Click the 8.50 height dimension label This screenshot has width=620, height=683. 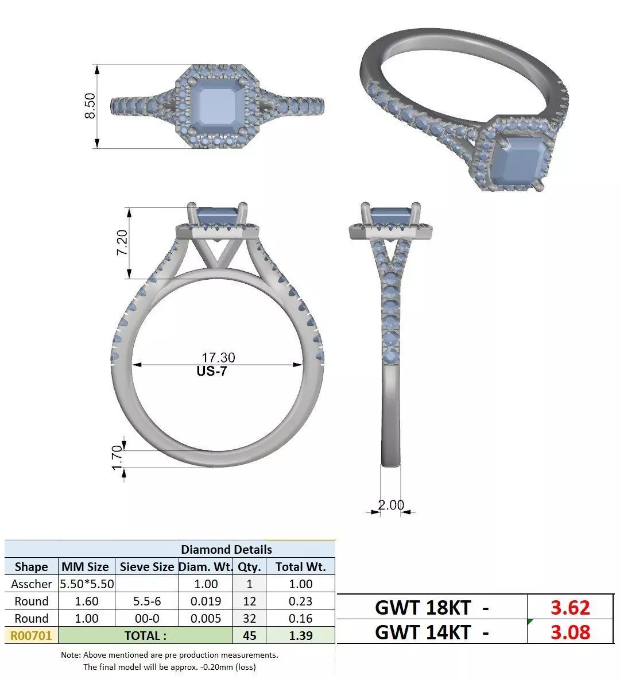coord(90,106)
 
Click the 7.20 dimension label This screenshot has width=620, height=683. coord(122,243)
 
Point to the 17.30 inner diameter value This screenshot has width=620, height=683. coord(218,358)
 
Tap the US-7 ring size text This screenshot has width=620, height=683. coord(212,371)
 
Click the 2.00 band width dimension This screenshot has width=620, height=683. coord(391,505)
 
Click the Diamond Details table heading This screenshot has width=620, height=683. coord(226,549)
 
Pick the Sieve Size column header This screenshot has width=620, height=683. coord(146,566)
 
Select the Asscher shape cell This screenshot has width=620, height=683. coord(32,584)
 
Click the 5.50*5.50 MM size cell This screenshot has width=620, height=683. coord(87,584)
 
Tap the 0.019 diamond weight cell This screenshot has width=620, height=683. coord(206,601)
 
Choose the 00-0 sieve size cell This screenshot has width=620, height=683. coord(146,618)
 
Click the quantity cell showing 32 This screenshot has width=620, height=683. coord(249,618)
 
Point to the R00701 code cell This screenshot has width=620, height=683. coord(32,635)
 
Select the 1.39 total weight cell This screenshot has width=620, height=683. coord(301,635)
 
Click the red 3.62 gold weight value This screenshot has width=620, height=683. coord(569,607)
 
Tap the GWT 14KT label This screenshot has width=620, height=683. coord(423,632)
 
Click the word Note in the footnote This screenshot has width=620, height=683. coord(71,655)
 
